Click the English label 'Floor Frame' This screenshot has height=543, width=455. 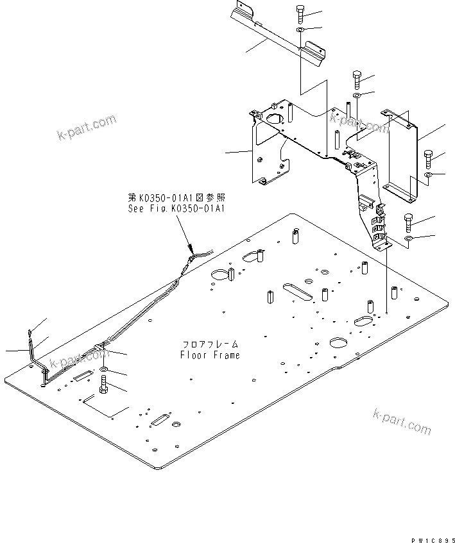pos(210,355)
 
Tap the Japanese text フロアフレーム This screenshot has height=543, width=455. pos(210,344)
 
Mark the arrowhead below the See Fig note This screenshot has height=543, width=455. pos(190,249)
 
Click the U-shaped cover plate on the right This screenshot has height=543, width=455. pos(403,154)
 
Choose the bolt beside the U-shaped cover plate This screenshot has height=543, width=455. pos(430,158)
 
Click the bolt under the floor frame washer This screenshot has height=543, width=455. pos(103,387)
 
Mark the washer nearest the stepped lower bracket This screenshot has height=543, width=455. pos(408,239)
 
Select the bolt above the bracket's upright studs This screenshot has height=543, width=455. pos(358,79)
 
